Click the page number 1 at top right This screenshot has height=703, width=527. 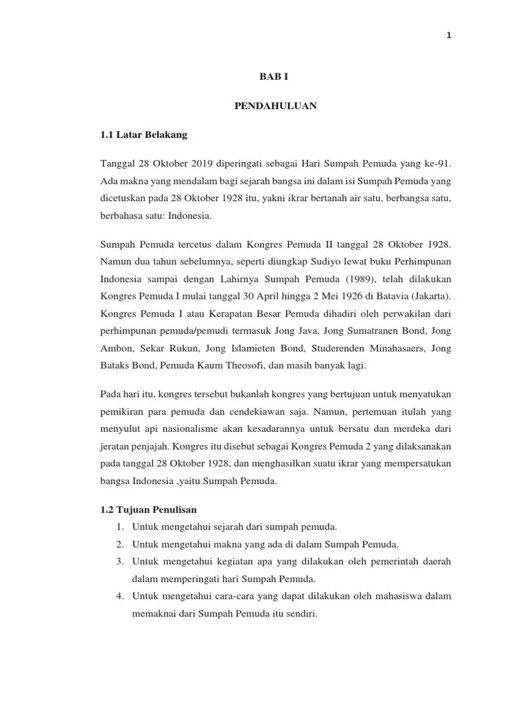[448, 36]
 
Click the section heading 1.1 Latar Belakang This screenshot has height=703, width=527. [143, 135]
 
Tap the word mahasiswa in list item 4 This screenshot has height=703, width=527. [389, 596]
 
